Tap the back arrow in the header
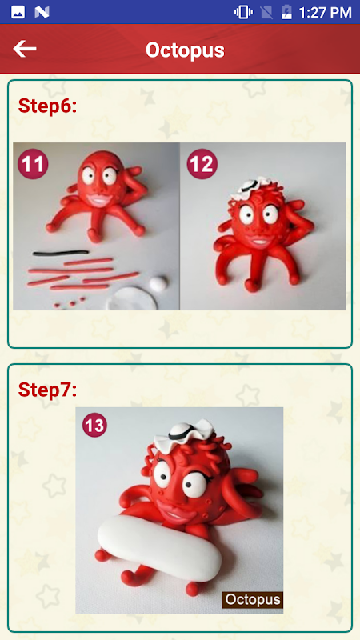pos(25,49)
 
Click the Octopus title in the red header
pos(185,50)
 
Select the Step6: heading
pos(47,106)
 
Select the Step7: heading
pos(47,390)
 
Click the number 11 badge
pos(33,164)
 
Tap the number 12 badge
pos(202,164)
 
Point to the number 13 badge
pos(94,426)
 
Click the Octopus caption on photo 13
pos(253,599)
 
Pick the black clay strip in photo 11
pos(61,253)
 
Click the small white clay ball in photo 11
pos(158,283)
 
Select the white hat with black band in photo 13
pos(184,435)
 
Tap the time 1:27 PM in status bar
pos(325,13)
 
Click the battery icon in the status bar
pos(286,12)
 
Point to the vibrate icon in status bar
pos(243,12)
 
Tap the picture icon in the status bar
pos(18,12)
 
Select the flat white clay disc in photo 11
pos(131,298)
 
